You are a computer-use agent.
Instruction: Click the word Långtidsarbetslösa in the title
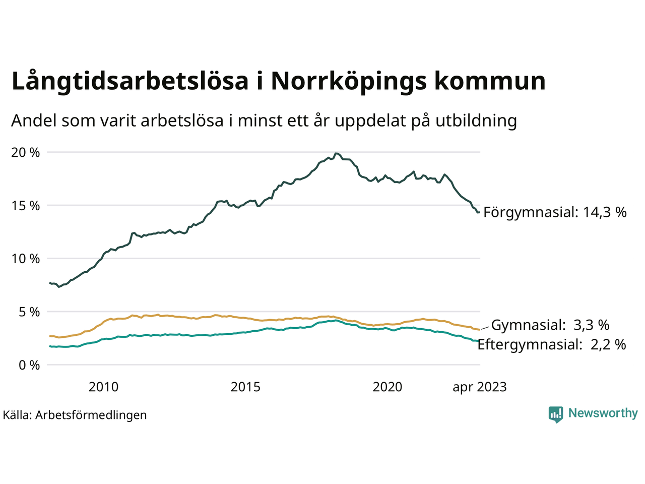(x=130, y=82)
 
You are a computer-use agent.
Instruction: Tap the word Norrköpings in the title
(x=346, y=82)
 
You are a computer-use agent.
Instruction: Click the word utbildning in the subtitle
(x=476, y=121)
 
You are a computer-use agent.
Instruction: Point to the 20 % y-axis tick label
(x=25, y=152)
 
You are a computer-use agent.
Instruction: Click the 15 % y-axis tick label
(x=25, y=206)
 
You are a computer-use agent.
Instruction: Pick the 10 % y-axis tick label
(x=25, y=259)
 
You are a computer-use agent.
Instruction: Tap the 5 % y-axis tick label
(x=28, y=312)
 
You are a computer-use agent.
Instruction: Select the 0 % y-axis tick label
(x=28, y=365)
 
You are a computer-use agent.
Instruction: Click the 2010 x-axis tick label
(x=103, y=387)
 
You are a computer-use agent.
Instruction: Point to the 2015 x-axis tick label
(x=245, y=387)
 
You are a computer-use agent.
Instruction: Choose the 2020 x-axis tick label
(x=388, y=387)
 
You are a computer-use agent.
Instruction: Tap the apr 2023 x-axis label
(x=479, y=387)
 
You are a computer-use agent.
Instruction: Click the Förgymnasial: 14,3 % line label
(x=555, y=212)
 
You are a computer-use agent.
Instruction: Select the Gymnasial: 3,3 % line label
(x=550, y=325)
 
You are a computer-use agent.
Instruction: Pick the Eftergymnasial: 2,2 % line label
(x=552, y=345)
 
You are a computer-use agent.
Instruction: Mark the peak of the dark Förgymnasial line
(x=337, y=153)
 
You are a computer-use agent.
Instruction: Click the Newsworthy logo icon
(x=556, y=414)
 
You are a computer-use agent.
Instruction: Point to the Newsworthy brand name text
(x=603, y=413)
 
